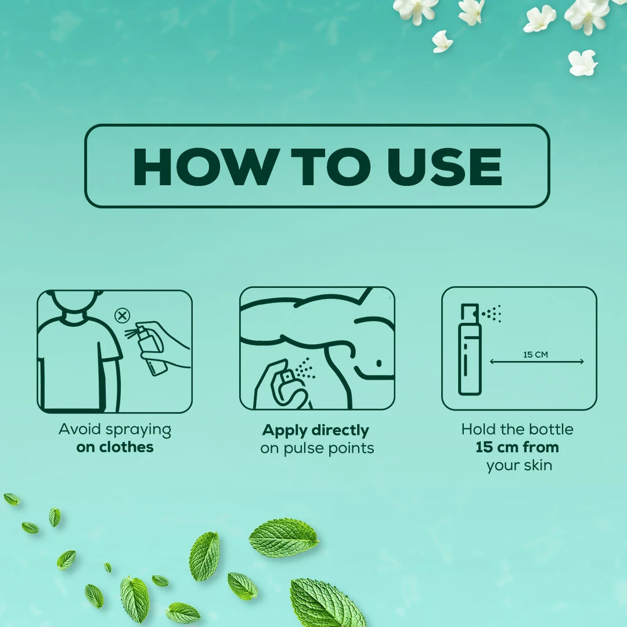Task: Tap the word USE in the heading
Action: (444, 167)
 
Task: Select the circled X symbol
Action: (122, 315)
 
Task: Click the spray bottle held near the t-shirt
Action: (151, 350)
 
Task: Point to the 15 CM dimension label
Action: (535, 354)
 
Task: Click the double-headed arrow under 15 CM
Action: (536, 362)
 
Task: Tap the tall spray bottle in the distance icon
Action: (470, 349)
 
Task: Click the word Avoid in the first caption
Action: (79, 429)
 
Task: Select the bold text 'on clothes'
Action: (115, 447)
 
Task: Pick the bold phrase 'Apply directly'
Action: (315, 431)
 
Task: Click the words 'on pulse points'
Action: (317, 448)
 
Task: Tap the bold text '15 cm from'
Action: (517, 447)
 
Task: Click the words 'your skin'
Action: (519, 466)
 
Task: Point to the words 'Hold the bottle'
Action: (517, 429)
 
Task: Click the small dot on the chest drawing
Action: (379, 363)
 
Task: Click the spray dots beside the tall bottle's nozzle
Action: (492, 313)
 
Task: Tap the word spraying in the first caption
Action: (138, 430)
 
